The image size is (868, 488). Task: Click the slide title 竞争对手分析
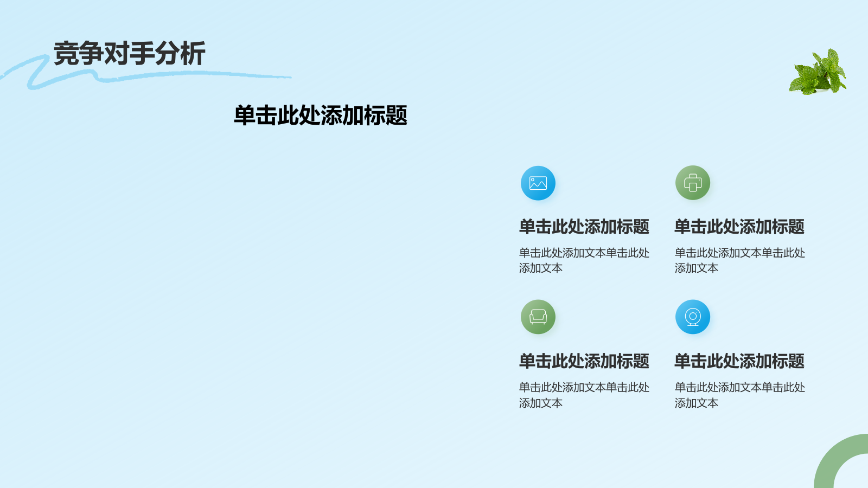pyautogui.click(x=129, y=54)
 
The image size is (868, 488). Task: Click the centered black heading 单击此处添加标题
pyautogui.click(x=320, y=115)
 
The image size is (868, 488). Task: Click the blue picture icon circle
pyautogui.click(x=538, y=183)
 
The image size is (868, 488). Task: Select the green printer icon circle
pyautogui.click(x=693, y=183)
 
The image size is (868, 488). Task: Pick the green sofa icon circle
pyautogui.click(x=538, y=317)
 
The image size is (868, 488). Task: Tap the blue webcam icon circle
pyautogui.click(x=693, y=317)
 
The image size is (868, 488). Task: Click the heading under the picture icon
pyautogui.click(x=584, y=227)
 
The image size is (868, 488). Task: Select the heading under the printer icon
pyautogui.click(x=739, y=227)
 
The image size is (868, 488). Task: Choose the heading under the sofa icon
pyautogui.click(x=584, y=361)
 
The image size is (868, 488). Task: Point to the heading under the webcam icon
pyautogui.click(x=739, y=361)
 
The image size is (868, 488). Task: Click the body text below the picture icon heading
pyautogui.click(x=584, y=260)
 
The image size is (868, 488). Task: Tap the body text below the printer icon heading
pyautogui.click(x=739, y=260)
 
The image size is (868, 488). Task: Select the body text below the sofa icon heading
pyautogui.click(x=584, y=395)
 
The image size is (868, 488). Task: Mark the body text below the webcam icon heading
pyautogui.click(x=739, y=395)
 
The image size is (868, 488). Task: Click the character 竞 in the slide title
pyautogui.click(x=66, y=54)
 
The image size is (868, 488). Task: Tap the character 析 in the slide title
pyautogui.click(x=193, y=54)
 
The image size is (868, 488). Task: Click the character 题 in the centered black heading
pyautogui.click(x=397, y=115)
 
